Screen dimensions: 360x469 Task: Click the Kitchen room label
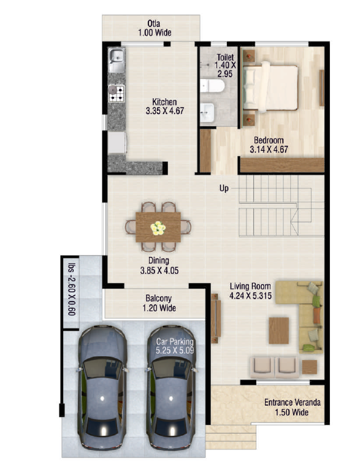click(x=164, y=106)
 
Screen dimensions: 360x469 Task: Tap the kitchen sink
click(x=117, y=60)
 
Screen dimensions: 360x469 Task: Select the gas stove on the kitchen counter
click(x=117, y=93)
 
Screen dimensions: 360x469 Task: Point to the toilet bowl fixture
click(x=212, y=86)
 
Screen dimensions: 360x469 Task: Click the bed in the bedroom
click(x=270, y=87)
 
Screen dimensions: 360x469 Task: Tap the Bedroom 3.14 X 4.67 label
click(x=269, y=145)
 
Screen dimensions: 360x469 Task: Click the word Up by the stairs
click(x=224, y=188)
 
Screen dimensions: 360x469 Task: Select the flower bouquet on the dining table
click(x=158, y=228)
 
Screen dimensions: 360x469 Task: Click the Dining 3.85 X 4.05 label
click(x=159, y=265)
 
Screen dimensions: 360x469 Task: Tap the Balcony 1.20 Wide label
click(x=159, y=303)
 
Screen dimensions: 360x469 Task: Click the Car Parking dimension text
click(x=175, y=350)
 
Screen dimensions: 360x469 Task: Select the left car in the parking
click(x=102, y=387)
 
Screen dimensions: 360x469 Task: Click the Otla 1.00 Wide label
click(x=155, y=28)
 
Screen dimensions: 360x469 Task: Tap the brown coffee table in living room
click(x=278, y=330)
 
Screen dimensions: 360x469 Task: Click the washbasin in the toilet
click(x=207, y=112)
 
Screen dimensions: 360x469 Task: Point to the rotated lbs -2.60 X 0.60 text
click(x=72, y=289)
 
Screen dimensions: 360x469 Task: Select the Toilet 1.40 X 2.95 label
click(x=225, y=66)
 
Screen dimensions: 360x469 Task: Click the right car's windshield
click(x=171, y=369)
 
